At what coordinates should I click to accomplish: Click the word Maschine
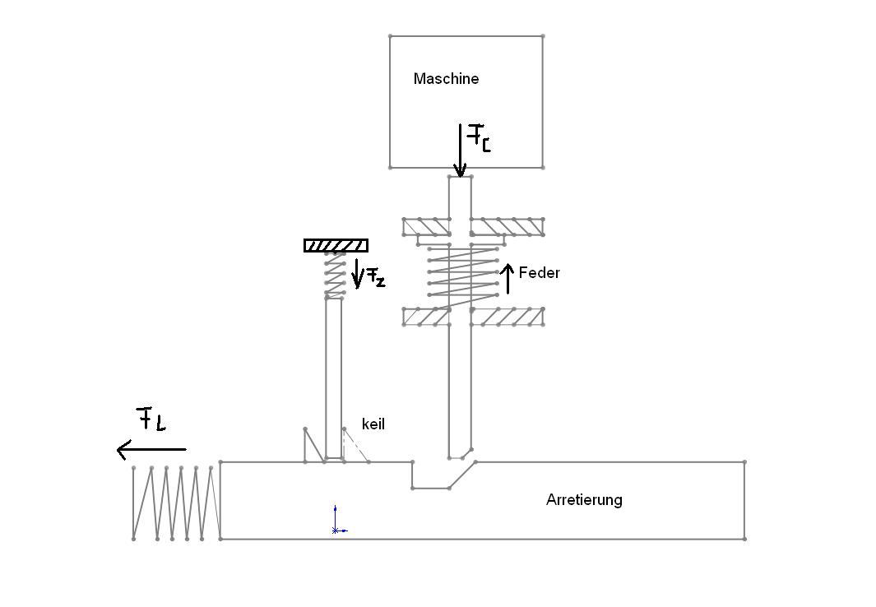446,79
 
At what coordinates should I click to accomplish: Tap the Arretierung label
584,500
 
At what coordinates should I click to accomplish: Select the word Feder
539,273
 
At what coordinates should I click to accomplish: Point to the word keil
373,424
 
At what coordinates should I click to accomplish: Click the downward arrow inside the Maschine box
460,151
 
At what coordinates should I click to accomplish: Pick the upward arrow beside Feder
508,278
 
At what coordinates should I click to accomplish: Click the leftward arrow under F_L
151,449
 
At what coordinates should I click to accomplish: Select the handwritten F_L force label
151,419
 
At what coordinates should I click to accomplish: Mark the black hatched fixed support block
336,246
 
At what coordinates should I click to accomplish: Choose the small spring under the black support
335,274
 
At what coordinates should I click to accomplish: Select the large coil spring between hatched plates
462,276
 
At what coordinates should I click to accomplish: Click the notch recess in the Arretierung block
442,475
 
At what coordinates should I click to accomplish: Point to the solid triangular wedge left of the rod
314,445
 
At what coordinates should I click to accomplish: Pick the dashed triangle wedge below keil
355,445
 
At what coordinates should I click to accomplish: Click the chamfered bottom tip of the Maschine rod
461,453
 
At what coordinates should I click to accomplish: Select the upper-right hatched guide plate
507,226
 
